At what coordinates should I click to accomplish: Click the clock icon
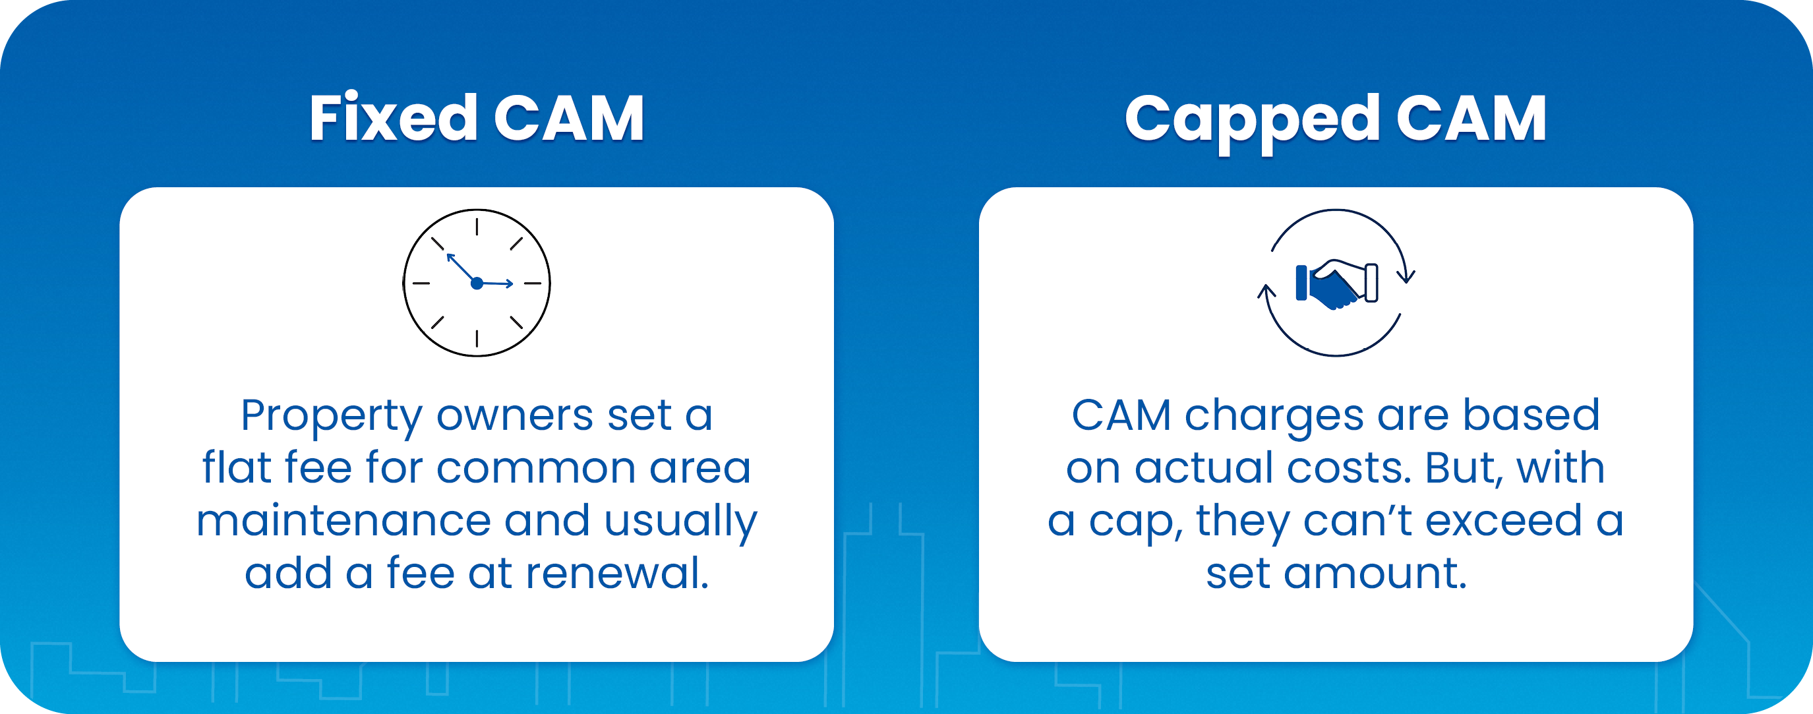click(x=477, y=283)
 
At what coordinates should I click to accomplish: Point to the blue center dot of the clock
click(x=477, y=283)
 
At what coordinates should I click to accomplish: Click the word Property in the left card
click(x=332, y=417)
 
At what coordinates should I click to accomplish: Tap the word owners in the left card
click(x=515, y=417)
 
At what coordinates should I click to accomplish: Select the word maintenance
click(x=343, y=520)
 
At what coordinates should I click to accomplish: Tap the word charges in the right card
click(x=1274, y=417)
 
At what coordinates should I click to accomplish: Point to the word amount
click(x=1375, y=573)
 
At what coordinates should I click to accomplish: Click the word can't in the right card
click(x=1357, y=520)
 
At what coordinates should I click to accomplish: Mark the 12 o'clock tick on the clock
click(x=477, y=227)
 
